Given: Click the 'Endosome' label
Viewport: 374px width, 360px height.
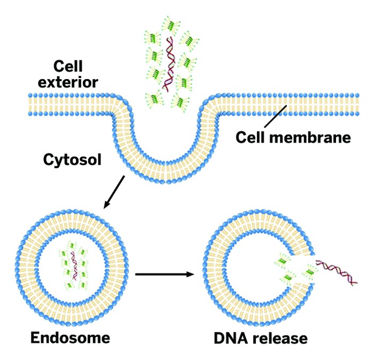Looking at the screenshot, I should [x=70, y=337].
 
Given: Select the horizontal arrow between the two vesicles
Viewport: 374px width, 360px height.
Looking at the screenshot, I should [x=163, y=275].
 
